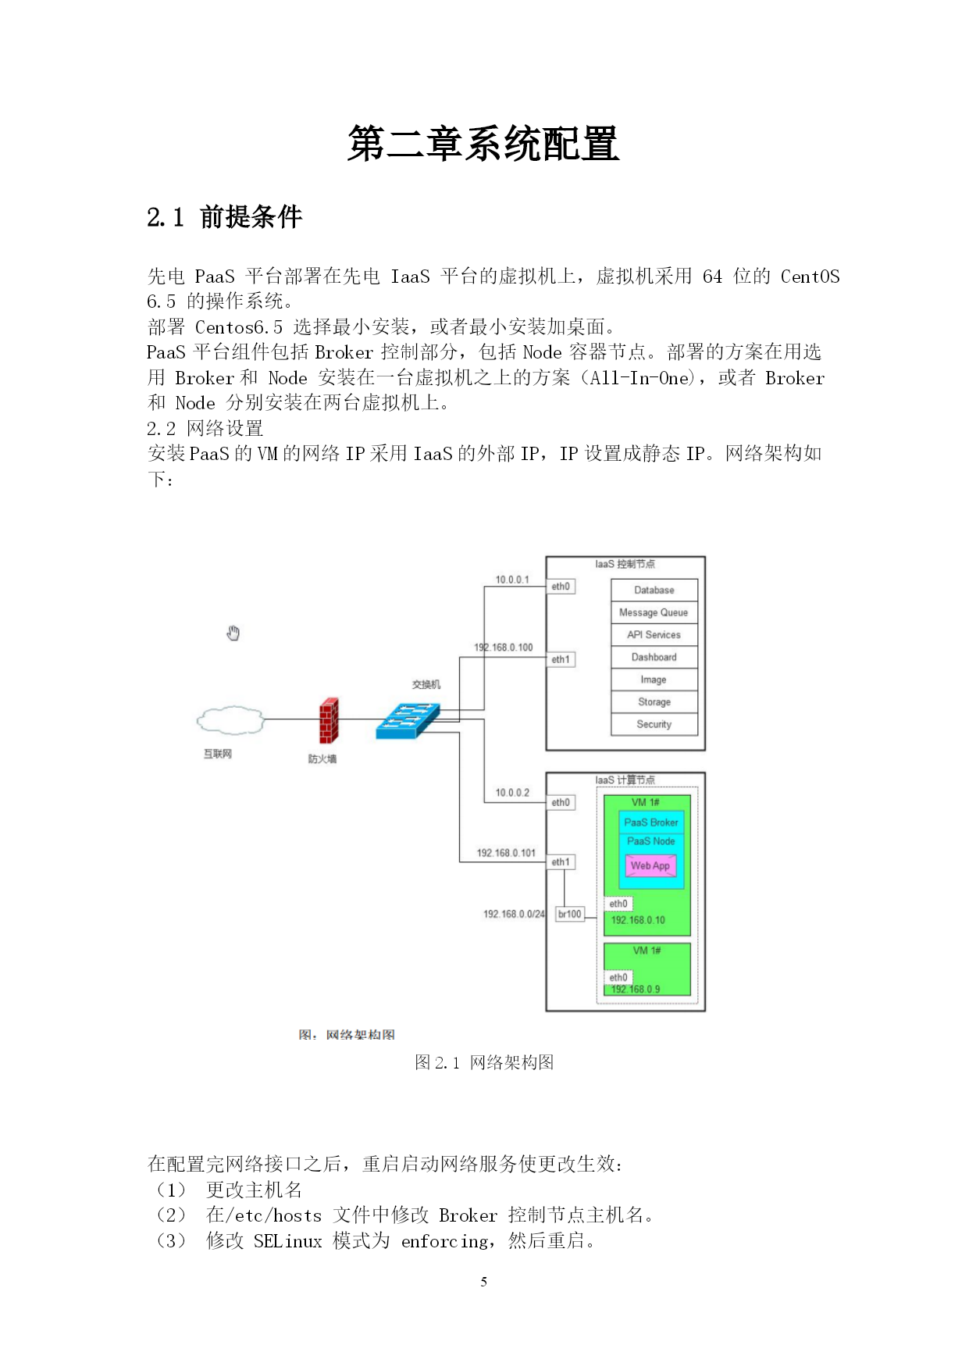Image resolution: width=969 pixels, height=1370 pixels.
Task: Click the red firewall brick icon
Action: tap(329, 720)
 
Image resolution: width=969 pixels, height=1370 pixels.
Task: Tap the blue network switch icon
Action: tap(408, 720)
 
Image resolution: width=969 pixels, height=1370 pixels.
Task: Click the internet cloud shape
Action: tap(230, 720)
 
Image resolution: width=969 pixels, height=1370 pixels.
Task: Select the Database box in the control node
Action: tap(654, 590)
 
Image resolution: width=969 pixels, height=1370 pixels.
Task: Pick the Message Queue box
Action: tap(654, 612)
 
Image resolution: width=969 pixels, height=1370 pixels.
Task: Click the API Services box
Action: tap(654, 635)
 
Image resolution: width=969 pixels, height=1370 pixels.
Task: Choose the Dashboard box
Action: tap(654, 657)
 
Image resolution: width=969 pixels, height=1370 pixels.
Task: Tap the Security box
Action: tap(654, 724)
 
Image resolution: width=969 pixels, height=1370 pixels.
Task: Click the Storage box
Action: tap(654, 702)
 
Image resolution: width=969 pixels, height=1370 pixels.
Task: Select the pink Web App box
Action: tap(650, 865)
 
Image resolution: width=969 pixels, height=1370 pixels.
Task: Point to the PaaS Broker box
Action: tap(651, 822)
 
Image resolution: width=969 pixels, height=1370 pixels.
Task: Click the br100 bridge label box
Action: tap(570, 914)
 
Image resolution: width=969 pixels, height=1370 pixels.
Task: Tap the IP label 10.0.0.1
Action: tap(512, 580)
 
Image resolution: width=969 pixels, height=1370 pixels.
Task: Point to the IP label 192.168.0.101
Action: tap(507, 853)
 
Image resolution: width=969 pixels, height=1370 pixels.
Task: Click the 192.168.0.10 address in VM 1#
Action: tap(638, 920)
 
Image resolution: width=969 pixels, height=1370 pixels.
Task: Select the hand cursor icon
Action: tap(233, 633)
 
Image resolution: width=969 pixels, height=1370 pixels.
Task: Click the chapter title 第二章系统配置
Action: tap(483, 144)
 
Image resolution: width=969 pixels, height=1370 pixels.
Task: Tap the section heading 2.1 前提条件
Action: tap(224, 217)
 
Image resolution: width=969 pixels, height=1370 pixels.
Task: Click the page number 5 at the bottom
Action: tap(484, 1282)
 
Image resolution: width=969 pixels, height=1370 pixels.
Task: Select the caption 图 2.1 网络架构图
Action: tap(484, 1062)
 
